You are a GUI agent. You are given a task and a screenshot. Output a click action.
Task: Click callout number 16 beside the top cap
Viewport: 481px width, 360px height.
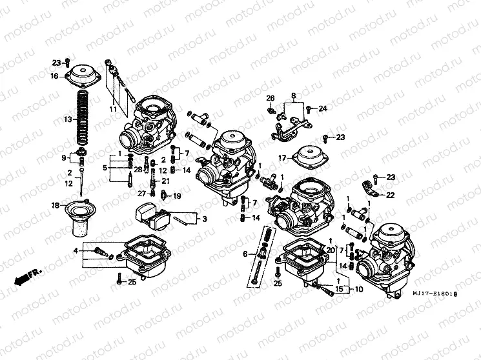pos(55,76)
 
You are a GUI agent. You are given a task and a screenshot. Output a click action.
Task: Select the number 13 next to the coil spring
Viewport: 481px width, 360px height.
pos(67,120)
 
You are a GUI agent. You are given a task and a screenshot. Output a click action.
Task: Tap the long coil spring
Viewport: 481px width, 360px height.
pos(83,119)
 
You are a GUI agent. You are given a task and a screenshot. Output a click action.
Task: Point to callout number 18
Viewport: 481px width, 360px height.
pos(55,205)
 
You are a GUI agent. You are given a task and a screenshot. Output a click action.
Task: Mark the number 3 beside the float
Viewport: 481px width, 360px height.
pos(204,219)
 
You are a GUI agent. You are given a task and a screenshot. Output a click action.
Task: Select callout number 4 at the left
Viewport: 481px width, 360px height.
pos(76,250)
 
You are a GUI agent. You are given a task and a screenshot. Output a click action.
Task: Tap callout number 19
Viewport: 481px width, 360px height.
pos(178,196)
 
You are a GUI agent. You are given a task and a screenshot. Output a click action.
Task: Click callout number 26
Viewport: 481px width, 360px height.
pos(271,98)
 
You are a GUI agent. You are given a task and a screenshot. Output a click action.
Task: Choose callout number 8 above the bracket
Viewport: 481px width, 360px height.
pos(293,96)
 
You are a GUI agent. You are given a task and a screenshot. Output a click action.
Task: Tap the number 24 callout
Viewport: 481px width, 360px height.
pos(322,108)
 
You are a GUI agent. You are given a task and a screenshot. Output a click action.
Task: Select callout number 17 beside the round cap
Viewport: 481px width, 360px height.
pos(282,158)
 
